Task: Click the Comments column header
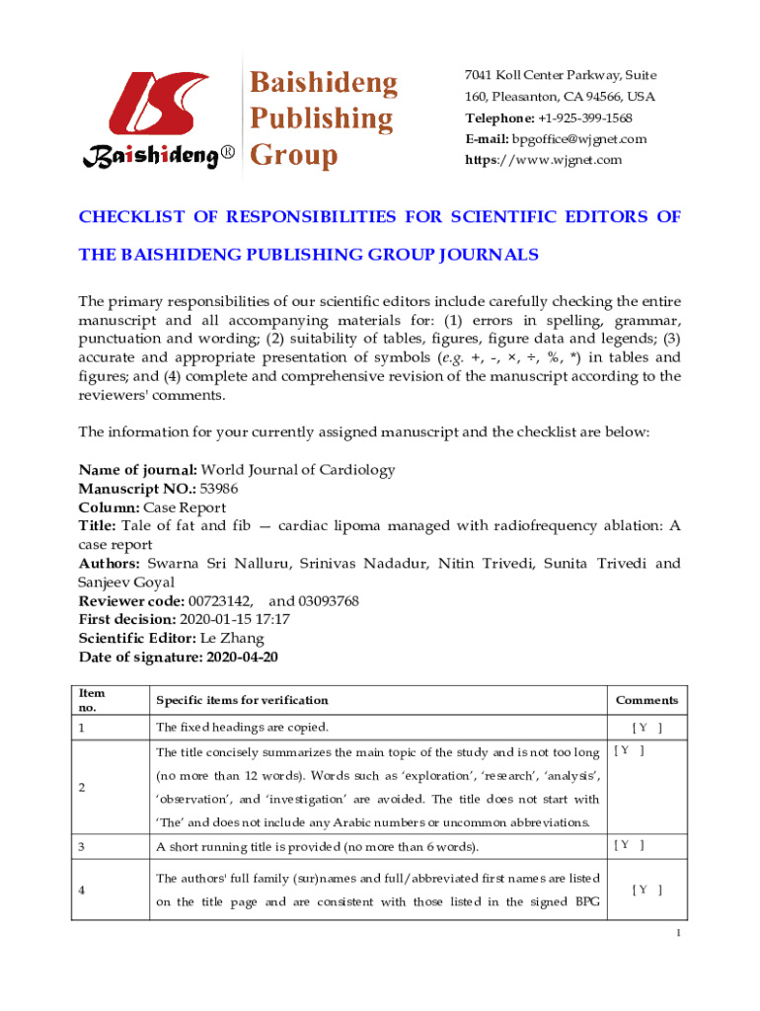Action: [x=646, y=701]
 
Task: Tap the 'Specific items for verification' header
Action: [x=242, y=701]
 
